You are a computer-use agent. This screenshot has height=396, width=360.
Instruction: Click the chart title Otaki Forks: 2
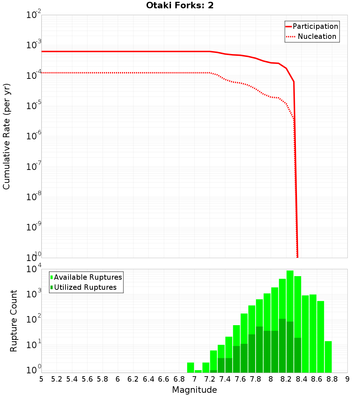click(180, 6)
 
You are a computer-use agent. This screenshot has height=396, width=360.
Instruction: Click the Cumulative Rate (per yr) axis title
click(6, 136)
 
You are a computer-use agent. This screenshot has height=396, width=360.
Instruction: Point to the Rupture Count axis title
click(14, 321)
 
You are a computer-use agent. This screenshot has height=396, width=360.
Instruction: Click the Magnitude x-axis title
click(194, 390)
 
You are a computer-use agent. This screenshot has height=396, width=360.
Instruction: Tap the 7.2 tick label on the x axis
click(210, 379)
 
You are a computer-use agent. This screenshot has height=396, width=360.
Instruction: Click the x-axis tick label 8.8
click(332, 379)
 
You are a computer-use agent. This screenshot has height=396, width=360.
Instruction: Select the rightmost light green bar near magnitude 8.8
click(328, 356)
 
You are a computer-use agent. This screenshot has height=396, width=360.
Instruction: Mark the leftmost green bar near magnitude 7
click(190, 368)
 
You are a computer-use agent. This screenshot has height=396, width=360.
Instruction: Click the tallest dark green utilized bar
click(282, 346)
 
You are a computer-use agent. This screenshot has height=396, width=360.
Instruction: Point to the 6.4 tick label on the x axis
click(148, 379)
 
